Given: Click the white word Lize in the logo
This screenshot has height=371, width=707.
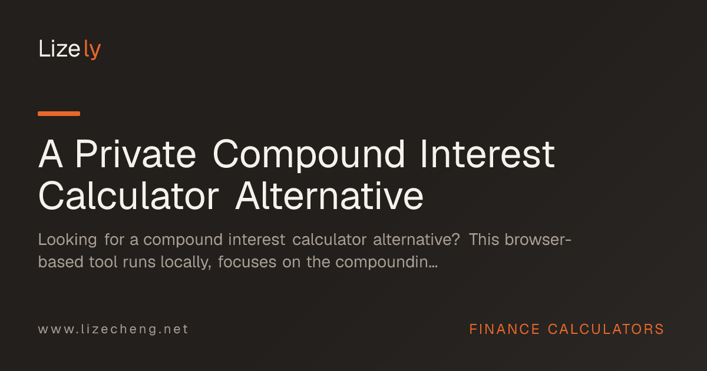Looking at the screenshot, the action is coord(60,49).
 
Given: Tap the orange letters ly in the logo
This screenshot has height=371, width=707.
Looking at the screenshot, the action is coord(92,49).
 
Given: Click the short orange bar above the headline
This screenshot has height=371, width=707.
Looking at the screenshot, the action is coord(59,114).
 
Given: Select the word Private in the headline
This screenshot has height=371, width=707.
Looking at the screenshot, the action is coord(136,154).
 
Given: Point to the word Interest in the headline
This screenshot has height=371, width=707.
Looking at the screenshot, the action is coord(487,154).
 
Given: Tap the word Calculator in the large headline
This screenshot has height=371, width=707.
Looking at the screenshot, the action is coord(128,196).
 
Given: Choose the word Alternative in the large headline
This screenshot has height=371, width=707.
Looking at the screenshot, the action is coord(329,196).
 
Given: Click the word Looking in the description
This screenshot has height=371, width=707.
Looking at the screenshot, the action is coord(68,240).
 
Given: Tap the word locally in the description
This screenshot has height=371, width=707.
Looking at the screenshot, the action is coord(186,263).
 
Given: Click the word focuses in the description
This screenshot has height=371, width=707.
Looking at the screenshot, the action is coord(247,262).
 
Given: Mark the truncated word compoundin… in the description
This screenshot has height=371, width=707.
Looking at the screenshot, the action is coord(386,263).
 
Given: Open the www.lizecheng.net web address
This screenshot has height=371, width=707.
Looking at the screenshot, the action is coord(113,329).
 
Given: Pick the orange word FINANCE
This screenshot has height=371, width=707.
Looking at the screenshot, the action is coord(504,329).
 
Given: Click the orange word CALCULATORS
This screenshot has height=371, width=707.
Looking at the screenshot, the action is coord(606,329).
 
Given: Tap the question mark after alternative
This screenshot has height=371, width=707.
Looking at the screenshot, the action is coord(457,240).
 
